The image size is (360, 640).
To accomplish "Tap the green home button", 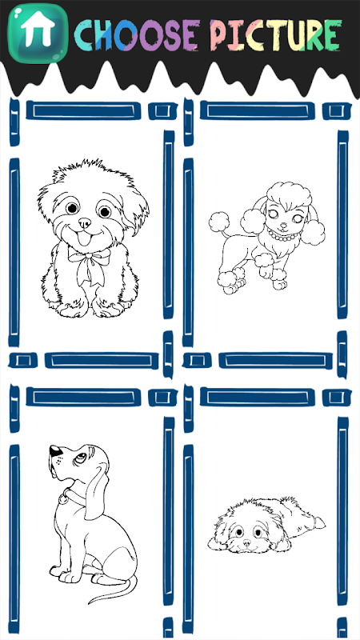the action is click(x=38, y=34).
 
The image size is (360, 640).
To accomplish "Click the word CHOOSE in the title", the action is click(x=137, y=35).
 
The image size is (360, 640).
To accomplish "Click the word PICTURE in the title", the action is click(x=276, y=34).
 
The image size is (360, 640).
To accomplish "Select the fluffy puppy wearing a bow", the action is click(x=93, y=238).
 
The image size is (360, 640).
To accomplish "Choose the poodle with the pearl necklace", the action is click(x=267, y=238).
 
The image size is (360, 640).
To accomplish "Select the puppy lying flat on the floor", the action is click(x=266, y=525).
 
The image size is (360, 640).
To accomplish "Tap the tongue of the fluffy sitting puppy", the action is click(x=85, y=238).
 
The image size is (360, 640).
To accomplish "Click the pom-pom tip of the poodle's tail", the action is click(x=218, y=222).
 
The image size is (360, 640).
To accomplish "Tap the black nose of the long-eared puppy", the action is click(x=55, y=450).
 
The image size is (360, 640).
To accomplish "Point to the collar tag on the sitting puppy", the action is click(x=64, y=498).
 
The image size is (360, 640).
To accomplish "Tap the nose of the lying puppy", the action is click(x=247, y=543).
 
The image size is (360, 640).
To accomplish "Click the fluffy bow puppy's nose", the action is click(x=85, y=222).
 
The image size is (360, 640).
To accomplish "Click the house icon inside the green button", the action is click(x=38, y=29).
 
